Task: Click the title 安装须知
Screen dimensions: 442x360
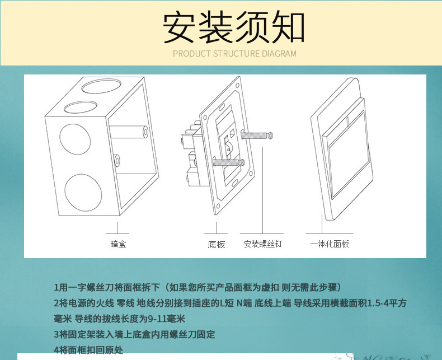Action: (233, 27)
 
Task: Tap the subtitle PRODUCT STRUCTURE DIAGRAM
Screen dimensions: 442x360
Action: (234, 54)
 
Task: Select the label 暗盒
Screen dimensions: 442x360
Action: (118, 244)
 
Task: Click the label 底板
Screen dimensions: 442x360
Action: (216, 245)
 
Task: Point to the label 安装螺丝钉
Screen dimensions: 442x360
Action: (263, 244)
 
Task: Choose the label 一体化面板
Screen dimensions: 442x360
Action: (330, 244)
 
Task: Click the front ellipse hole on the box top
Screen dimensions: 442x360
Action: (81, 106)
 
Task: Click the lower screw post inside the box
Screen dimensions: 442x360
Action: (117, 161)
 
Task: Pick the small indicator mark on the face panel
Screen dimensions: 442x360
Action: (348, 119)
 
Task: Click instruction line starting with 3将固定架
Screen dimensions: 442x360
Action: (134, 335)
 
